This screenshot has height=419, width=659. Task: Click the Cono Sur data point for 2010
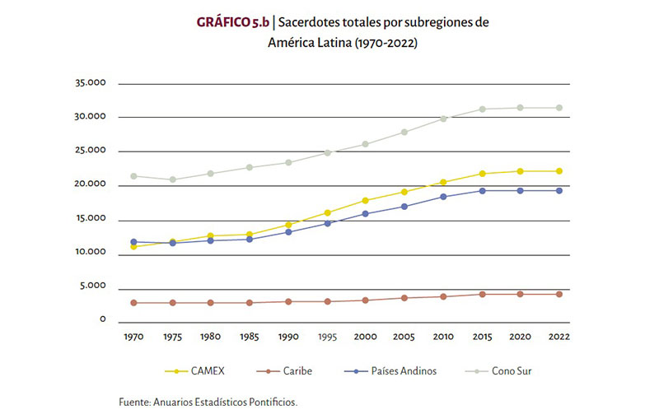443,119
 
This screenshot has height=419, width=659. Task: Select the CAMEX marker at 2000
365,200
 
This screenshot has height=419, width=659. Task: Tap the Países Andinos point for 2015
483,190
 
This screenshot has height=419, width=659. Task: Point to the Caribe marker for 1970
133,302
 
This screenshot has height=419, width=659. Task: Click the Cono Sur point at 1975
172,179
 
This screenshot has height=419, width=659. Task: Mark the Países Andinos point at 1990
288,231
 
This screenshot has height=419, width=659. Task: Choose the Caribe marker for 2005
404,297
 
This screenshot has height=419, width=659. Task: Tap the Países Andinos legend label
404,371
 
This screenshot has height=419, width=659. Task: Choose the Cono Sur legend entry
512,371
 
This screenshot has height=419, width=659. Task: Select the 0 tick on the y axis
102,320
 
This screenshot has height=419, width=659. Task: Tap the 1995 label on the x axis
328,336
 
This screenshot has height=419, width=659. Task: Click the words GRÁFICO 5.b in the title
234,22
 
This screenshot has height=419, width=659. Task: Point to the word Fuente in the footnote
135,403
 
